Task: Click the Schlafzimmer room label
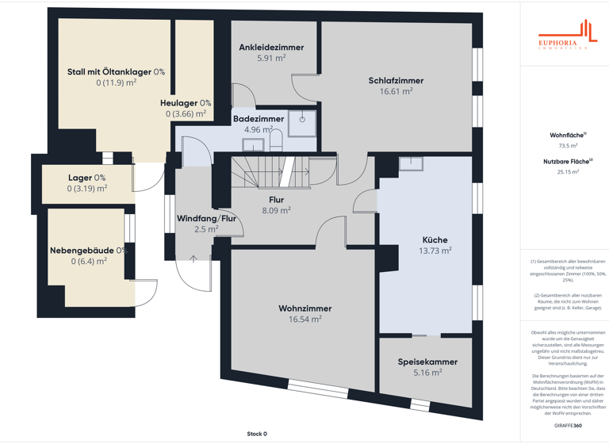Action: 396,81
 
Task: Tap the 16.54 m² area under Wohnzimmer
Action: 304,320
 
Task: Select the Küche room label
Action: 435,239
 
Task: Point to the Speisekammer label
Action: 427,362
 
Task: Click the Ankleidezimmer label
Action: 271,48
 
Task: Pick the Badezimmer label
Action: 259,119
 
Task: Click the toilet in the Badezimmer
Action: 276,141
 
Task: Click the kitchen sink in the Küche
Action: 411,163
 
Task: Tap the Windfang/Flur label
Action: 206,218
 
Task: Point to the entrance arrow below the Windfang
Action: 193,258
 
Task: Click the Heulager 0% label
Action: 186,103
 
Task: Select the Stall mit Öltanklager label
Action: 116,71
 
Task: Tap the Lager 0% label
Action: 86,178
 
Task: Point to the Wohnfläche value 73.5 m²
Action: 568,146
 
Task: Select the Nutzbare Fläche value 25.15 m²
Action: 568,171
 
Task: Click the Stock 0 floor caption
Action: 257,434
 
